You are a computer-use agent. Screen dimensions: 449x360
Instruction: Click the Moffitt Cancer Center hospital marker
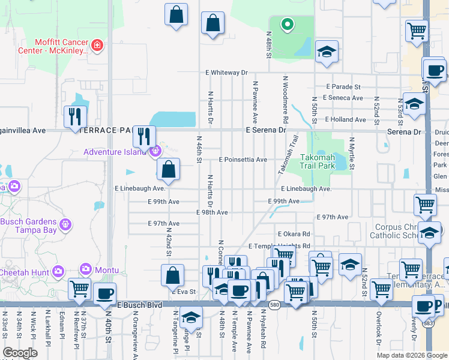coord(97,45)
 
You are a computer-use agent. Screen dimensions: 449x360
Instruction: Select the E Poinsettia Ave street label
coord(243,160)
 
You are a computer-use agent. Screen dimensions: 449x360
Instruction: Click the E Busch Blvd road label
coord(140,305)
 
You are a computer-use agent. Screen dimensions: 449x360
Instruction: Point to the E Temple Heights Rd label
coord(279,247)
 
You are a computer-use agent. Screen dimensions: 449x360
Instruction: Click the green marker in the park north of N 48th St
coord(288,25)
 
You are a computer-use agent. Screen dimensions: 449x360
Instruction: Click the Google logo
coord(20,353)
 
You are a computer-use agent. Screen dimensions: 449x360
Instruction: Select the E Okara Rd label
coord(294,234)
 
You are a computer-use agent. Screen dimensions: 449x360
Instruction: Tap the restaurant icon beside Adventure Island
coord(144,136)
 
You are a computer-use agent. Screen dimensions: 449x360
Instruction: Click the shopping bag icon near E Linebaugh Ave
coord(169,170)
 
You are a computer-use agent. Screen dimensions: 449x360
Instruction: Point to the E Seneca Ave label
coord(343,98)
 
